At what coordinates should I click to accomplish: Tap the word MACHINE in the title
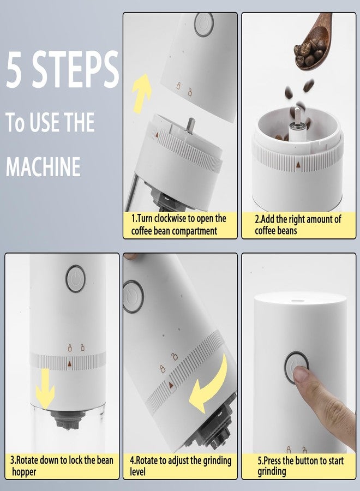43,166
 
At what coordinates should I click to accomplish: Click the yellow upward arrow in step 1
141,93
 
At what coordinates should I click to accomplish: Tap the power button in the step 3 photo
75,278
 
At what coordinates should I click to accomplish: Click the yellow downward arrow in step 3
45,388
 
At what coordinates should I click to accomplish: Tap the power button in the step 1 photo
204,24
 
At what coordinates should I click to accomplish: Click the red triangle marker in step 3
69,363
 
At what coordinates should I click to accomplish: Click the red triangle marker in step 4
171,385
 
